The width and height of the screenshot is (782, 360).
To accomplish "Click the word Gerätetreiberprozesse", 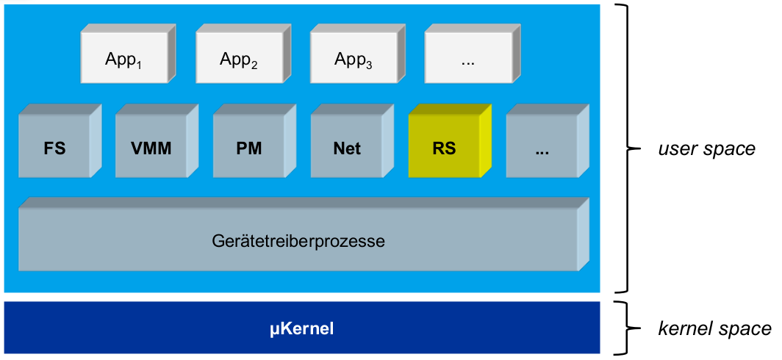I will pyautogui.click(x=298, y=240).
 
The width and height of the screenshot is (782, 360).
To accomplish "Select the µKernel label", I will pyautogui.click(x=301, y=328).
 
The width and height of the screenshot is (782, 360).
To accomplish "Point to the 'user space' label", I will pyautogui.click(x=706, y=149).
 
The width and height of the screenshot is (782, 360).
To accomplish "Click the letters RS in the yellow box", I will pyautogui.click(x=445, y=148).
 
